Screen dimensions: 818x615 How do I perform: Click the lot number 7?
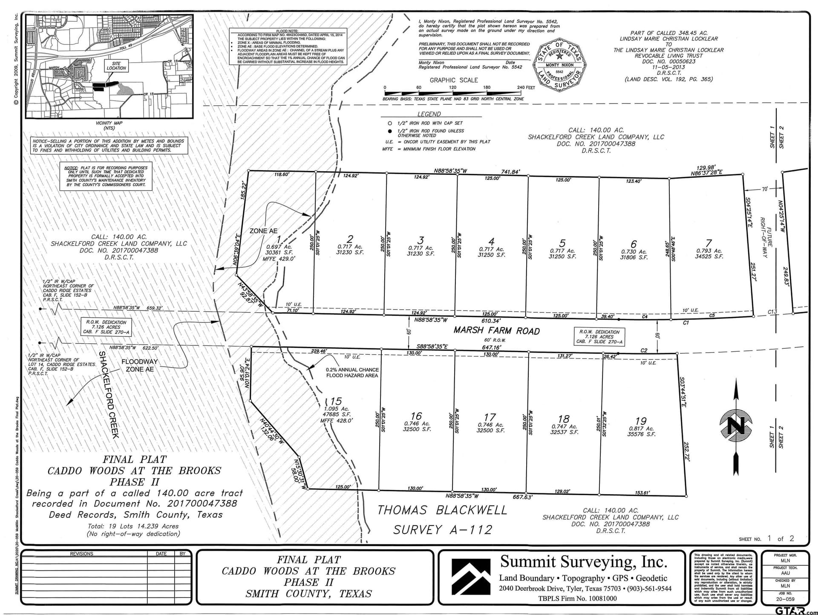coord(709,243)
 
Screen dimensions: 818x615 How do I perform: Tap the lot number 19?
coord(641,421)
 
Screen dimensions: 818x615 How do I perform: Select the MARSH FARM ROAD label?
coord(496,331)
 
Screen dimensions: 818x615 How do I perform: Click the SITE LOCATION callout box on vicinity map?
coord(116,66)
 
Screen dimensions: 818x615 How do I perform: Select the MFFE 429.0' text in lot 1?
coord(279,259)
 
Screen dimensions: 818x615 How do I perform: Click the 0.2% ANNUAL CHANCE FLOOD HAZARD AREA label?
coord(352,373)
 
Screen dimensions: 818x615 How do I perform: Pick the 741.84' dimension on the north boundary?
coord(510,172)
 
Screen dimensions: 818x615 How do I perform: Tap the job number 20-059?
coord(785,599)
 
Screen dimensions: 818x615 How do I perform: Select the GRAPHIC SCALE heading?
coord(454,80)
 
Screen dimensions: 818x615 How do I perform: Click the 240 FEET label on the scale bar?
coord(526,87)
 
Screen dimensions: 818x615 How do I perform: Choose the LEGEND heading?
coord(429,114)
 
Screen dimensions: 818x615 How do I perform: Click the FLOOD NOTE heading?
coord(287,31)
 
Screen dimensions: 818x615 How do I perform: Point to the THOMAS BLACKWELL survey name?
coord(442,510)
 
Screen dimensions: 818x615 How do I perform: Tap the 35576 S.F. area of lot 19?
coord(641,434)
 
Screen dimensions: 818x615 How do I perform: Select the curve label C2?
coord(644,351)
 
